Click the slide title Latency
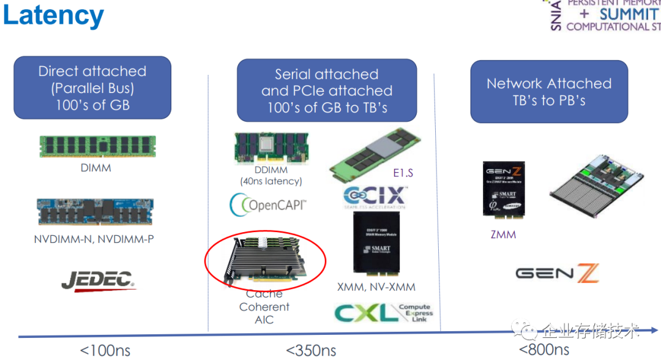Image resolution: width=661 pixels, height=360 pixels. (53, 16)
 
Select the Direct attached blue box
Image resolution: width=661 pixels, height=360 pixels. (92, 88)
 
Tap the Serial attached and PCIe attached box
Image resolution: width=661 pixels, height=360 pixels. (327, 91)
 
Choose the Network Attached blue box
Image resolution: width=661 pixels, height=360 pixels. (549, 91)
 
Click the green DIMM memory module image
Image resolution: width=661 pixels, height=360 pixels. (98, 147)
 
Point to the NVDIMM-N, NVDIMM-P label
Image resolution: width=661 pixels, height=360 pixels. (94, 239)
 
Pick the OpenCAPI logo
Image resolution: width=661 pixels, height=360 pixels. (267, 203)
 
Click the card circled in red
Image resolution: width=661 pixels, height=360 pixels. (264, 260)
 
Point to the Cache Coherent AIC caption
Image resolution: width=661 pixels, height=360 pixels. (264, 307)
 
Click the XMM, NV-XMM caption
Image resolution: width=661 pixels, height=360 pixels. (376, 287)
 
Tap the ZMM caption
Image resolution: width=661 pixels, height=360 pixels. (503, 234)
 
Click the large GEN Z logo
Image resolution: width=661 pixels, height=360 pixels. (557, 274)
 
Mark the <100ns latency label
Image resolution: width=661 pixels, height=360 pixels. (105, 351)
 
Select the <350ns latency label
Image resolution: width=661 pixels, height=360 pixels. (311, 351)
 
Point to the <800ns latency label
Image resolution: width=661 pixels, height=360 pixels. (544, 350)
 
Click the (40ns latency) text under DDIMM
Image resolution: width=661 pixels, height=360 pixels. (271, 181)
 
